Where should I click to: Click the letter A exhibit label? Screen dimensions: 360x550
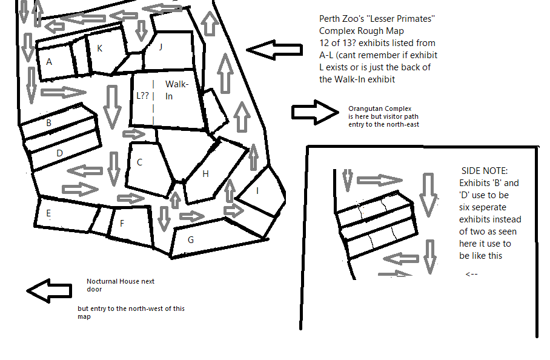click(49, 61)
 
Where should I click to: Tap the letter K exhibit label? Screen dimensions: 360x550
click(99, 48)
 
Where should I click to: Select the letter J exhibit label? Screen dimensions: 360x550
click(161, 46)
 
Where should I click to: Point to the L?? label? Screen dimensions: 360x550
click(142, 95)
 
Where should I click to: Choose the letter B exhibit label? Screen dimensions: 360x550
click(48, 123)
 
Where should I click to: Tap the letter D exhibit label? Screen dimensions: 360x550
click(59, 153)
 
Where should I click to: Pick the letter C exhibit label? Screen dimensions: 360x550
click(139, 162)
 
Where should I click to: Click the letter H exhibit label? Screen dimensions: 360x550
click(205, 174)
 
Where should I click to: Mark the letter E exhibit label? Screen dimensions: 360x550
click(48, 213)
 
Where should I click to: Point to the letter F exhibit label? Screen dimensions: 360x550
click(122, 224)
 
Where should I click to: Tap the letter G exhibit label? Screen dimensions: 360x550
click(190, 239)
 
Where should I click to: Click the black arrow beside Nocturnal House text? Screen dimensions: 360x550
click(48, 291)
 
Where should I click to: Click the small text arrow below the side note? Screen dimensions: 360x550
click(472, 274)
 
